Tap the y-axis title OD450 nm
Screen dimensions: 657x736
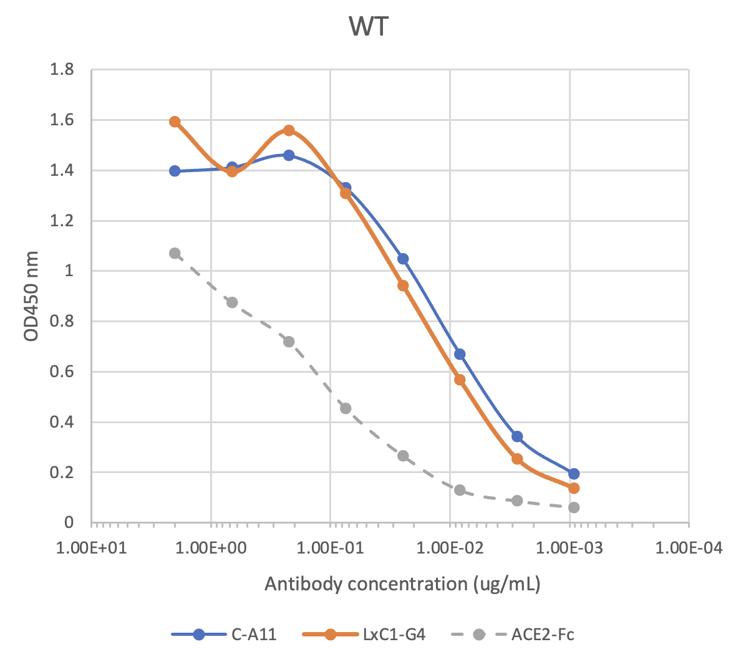(31, 296)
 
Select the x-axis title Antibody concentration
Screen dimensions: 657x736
(402, 584)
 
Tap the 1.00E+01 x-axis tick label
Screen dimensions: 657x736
(92, 548)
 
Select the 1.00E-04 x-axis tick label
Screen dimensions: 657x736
(689, 548)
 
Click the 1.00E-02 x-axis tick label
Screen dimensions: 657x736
(450, 548)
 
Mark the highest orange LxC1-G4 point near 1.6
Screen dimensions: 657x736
(175, 122)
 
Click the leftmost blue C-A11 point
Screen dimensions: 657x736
(175, 171)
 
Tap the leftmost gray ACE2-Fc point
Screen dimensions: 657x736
(175, 253)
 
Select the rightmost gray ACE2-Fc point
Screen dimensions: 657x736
(573, 507)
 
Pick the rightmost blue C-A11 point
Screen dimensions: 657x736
(573, 474)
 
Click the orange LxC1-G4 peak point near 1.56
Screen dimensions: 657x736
(289, 130)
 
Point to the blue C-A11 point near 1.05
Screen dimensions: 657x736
(403, 259)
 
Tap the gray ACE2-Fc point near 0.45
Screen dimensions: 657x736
(346, 408)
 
